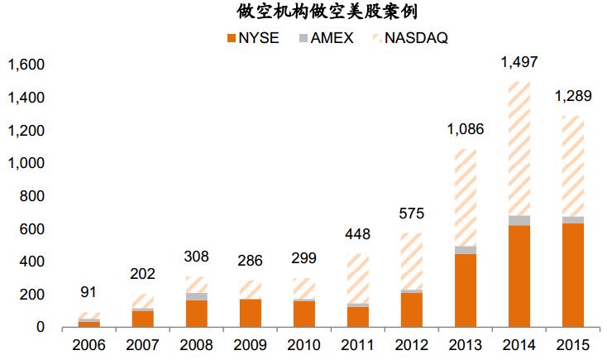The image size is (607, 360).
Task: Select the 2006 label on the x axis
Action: click(x=88, y=344)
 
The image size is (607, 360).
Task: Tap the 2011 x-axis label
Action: click(x=357, y=344)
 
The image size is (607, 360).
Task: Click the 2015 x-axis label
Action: click(x=572, y=344)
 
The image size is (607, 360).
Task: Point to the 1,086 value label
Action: click(x=465, y=129)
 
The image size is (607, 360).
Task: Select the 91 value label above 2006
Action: click(x=88, y=292)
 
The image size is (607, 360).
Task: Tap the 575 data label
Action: click(x=411, y=214)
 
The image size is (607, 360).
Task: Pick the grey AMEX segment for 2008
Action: click(x=196, y=296)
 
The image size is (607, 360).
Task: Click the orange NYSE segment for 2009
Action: click(x=250, y=314)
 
